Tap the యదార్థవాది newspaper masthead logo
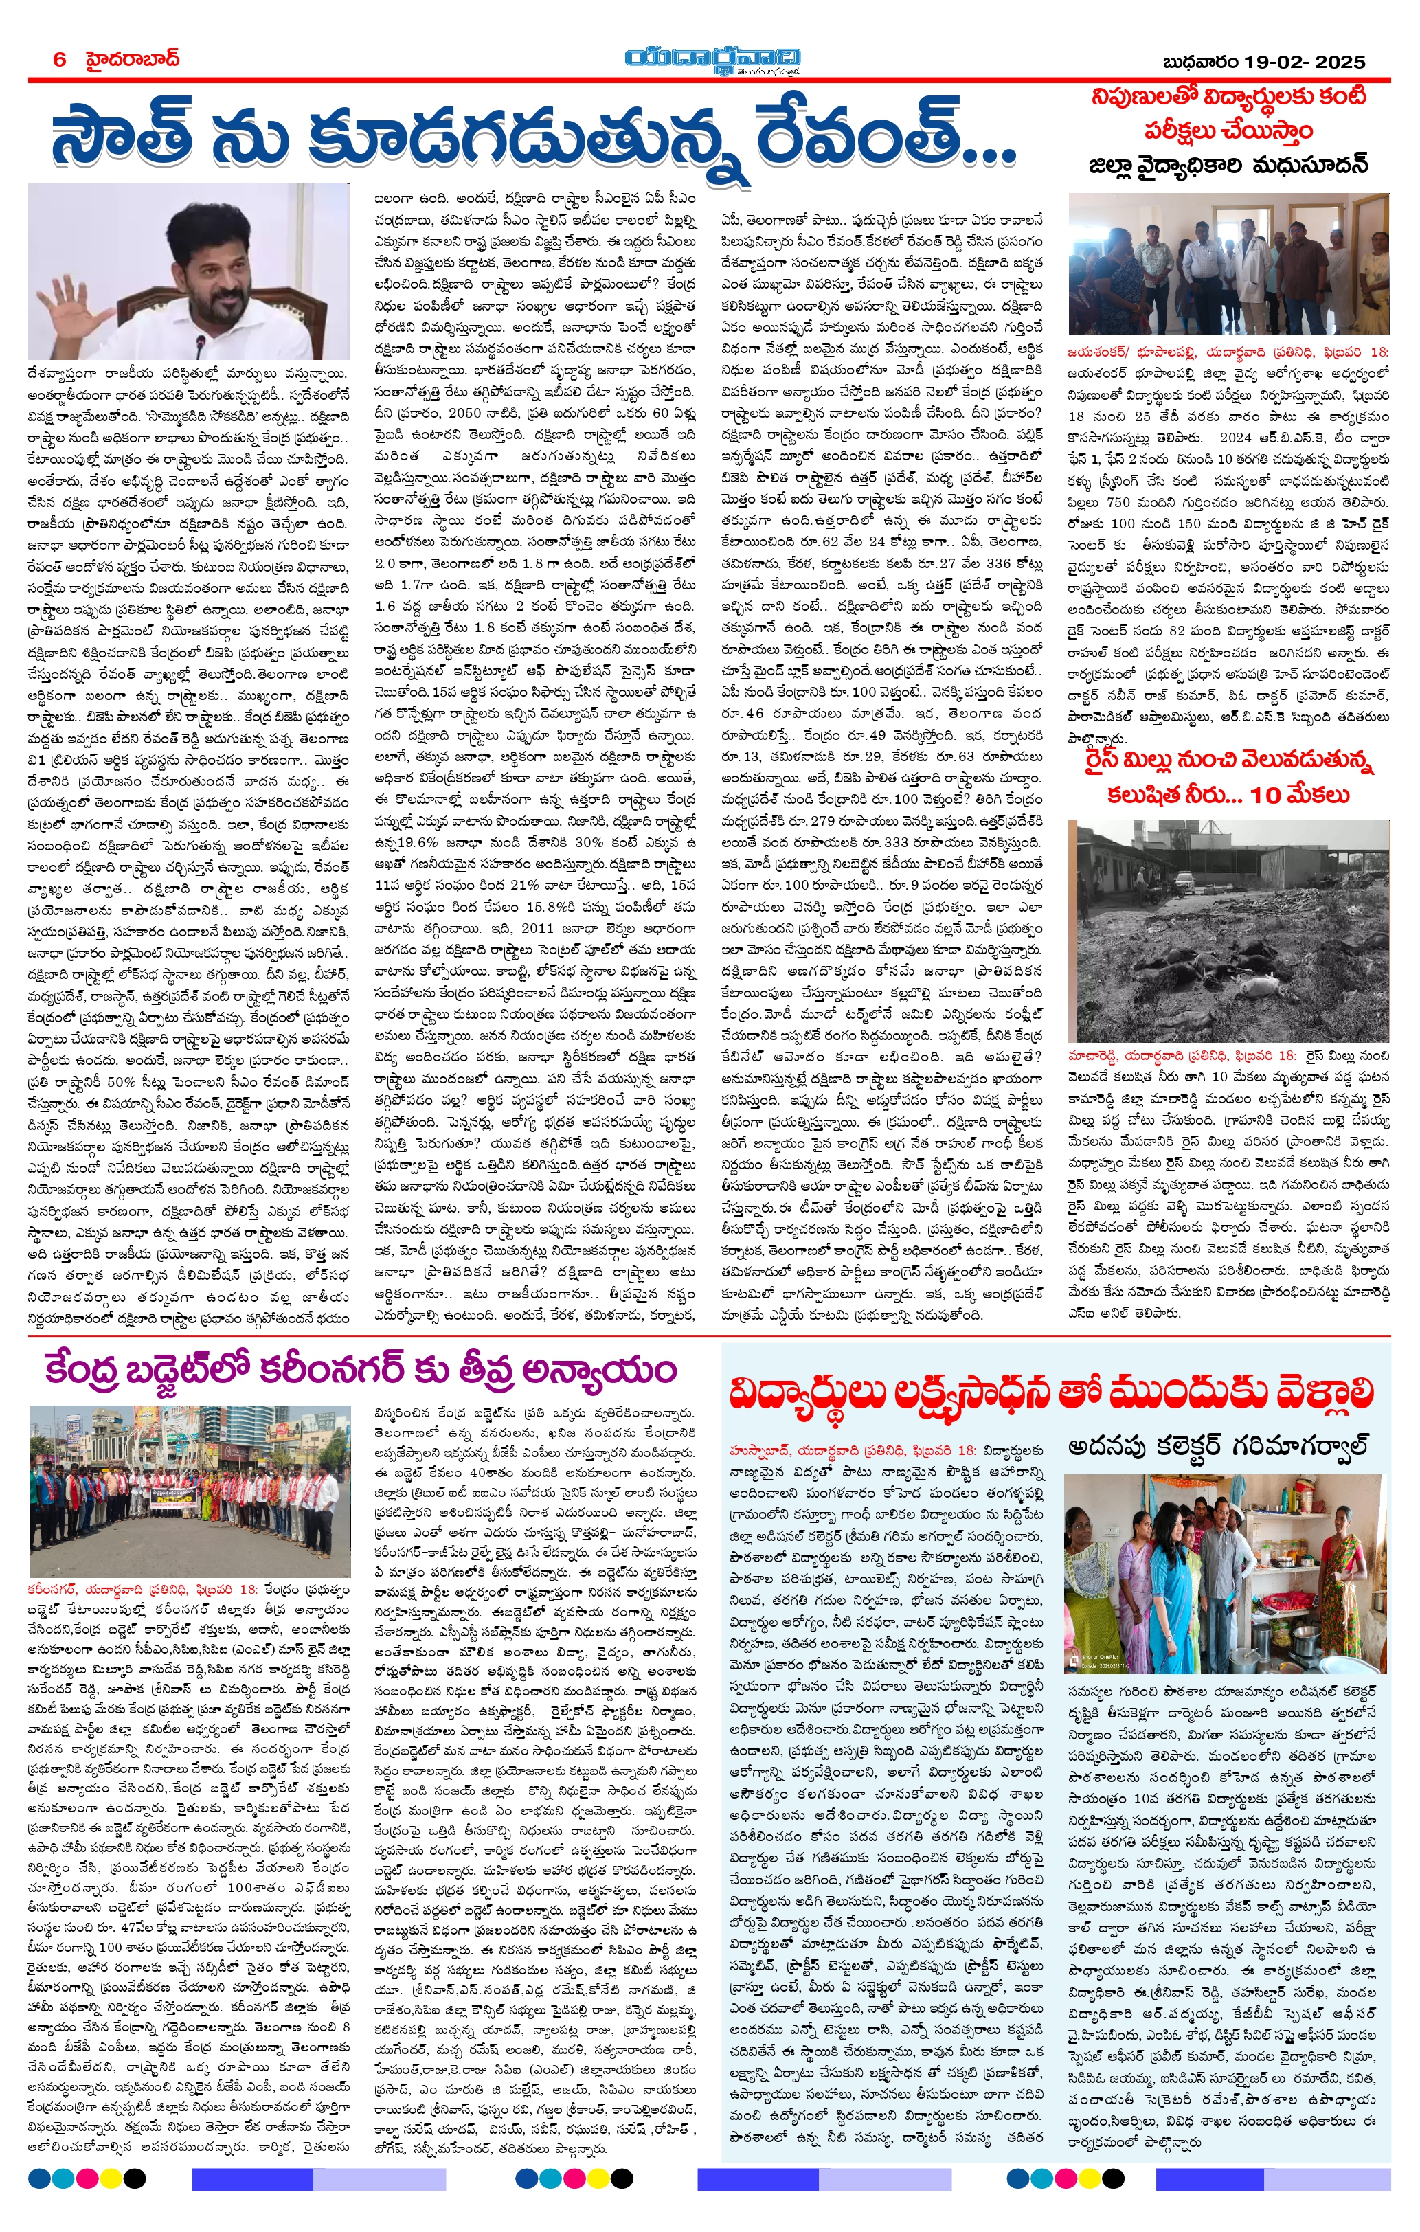pyautogui.click(x=712, y=58)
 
